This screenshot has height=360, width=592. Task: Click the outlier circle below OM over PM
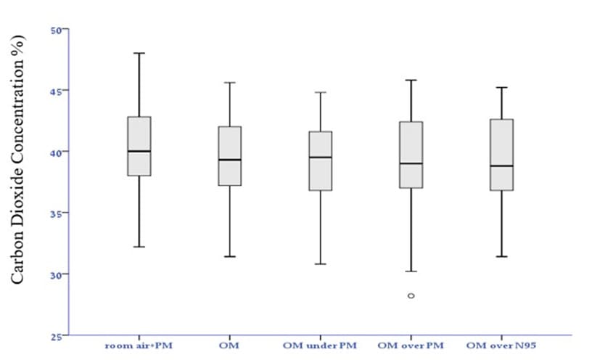pos(411,296)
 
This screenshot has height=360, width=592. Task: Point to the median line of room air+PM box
pos(139,151)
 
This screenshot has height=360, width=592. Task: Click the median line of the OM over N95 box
pos(502,165)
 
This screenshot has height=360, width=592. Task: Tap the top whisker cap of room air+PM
pos(139,53)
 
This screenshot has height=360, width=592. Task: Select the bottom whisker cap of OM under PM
pos(320,263)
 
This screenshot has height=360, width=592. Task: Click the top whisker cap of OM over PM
pos(411,80)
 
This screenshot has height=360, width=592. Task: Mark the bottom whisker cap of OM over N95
pos(502,256)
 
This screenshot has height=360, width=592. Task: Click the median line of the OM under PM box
pos(320,157)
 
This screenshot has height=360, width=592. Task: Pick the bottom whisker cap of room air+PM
pos(139,247)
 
